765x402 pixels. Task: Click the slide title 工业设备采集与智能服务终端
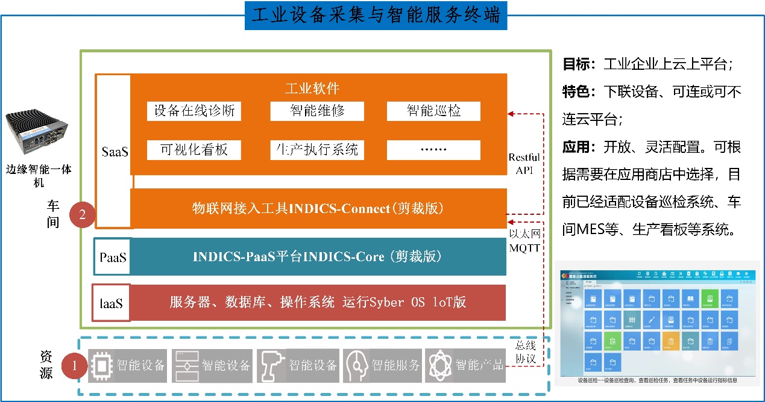click(376, 16)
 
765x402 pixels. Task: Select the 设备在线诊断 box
click(194, 111)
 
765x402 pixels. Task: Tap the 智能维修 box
click(316, 111)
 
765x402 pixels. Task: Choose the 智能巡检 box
click(433, 111)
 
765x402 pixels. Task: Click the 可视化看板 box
click(194, 150)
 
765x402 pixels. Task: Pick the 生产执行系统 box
click(316, 150)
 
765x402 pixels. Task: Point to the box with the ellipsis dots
click(433, 150)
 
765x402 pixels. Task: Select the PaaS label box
click(113, 257)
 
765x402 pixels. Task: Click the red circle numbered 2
click(83, 215)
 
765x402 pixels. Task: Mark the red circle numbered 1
click(74, 365)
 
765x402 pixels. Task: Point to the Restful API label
click(524, 164)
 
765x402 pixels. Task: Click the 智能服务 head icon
click(356, 365)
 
